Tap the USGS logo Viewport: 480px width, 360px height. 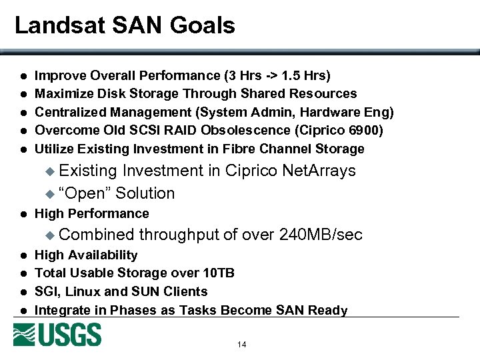coord(57,335)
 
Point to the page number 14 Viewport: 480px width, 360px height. coord(241,345)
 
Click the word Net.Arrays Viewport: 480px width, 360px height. coord(319,171)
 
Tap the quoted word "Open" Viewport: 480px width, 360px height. coord(85,193)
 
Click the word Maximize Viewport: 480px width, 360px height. coord(63,93)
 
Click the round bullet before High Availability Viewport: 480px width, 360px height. coord(22,255)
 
